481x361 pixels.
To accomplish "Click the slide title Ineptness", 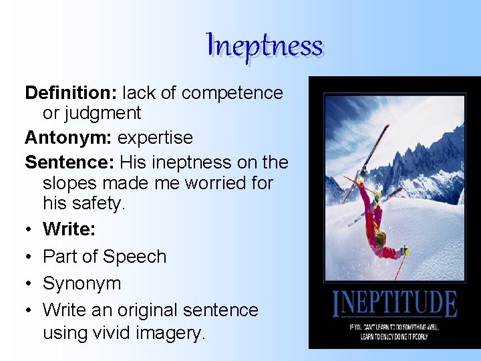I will [265, 45].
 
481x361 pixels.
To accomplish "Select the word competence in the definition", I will [232, 94].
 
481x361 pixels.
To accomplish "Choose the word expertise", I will [155, 138].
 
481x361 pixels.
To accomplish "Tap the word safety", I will [100, 203].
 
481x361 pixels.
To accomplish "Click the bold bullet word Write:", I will [69, 229].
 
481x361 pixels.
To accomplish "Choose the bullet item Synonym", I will [82, 283].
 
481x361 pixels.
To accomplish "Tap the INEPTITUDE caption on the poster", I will [395, 305].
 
